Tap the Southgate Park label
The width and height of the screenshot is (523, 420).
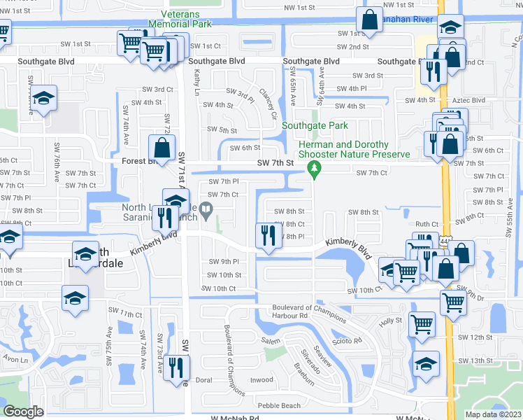click(315, 126)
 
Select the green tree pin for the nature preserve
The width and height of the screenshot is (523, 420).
click(315, 168)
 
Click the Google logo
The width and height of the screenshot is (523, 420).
click(23, 412)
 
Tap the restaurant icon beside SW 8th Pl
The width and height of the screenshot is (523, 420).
click(266, 236)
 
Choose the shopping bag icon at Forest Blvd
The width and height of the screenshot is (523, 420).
click(161, 148)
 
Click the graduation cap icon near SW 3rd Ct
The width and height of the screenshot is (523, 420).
click(43, 99)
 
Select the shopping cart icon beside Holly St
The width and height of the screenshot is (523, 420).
click(422, 324)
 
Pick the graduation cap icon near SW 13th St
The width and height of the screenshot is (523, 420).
click(425, 364)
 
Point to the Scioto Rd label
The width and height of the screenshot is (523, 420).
click(348, 341)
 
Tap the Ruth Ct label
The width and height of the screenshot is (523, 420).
click(427, 224)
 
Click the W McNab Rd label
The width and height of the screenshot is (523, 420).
click(235, 418)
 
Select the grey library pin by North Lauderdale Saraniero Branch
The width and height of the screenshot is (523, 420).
click(206, 209)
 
